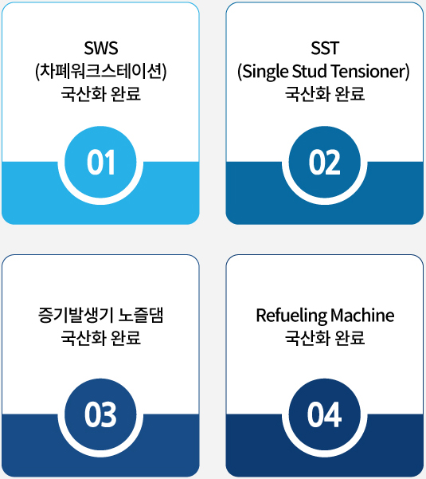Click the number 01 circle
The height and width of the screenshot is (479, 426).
[100, 163]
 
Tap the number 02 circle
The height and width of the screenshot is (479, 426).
[324, 163]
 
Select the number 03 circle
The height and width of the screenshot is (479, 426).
[100, 414]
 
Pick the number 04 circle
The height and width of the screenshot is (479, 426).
[324, 414]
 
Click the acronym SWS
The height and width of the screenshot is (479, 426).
[100, 48]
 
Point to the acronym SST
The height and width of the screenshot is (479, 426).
[325, 48]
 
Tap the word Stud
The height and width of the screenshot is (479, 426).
[310, 71]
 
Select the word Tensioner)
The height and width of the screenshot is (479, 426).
[369, 72]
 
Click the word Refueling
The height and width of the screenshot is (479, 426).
[291, 316]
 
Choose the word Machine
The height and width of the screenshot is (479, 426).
[362, 316]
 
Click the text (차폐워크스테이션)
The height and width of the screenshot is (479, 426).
[100, 72]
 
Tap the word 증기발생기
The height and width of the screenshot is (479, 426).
[76, 316]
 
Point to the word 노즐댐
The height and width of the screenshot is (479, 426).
[141, 316]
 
